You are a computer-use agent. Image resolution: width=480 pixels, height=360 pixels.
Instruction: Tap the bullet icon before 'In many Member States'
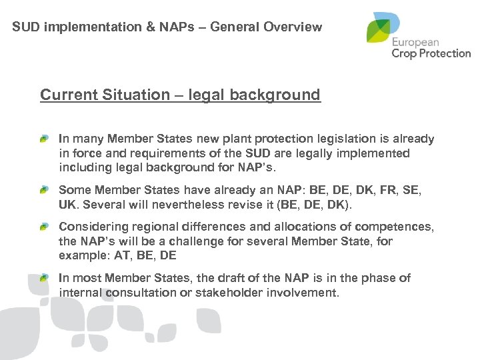44,139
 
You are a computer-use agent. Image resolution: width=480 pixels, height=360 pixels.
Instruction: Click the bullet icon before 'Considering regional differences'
44,227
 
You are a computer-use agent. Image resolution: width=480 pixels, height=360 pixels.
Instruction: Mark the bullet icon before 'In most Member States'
44,277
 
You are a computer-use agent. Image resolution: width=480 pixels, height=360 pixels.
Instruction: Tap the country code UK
68,203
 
